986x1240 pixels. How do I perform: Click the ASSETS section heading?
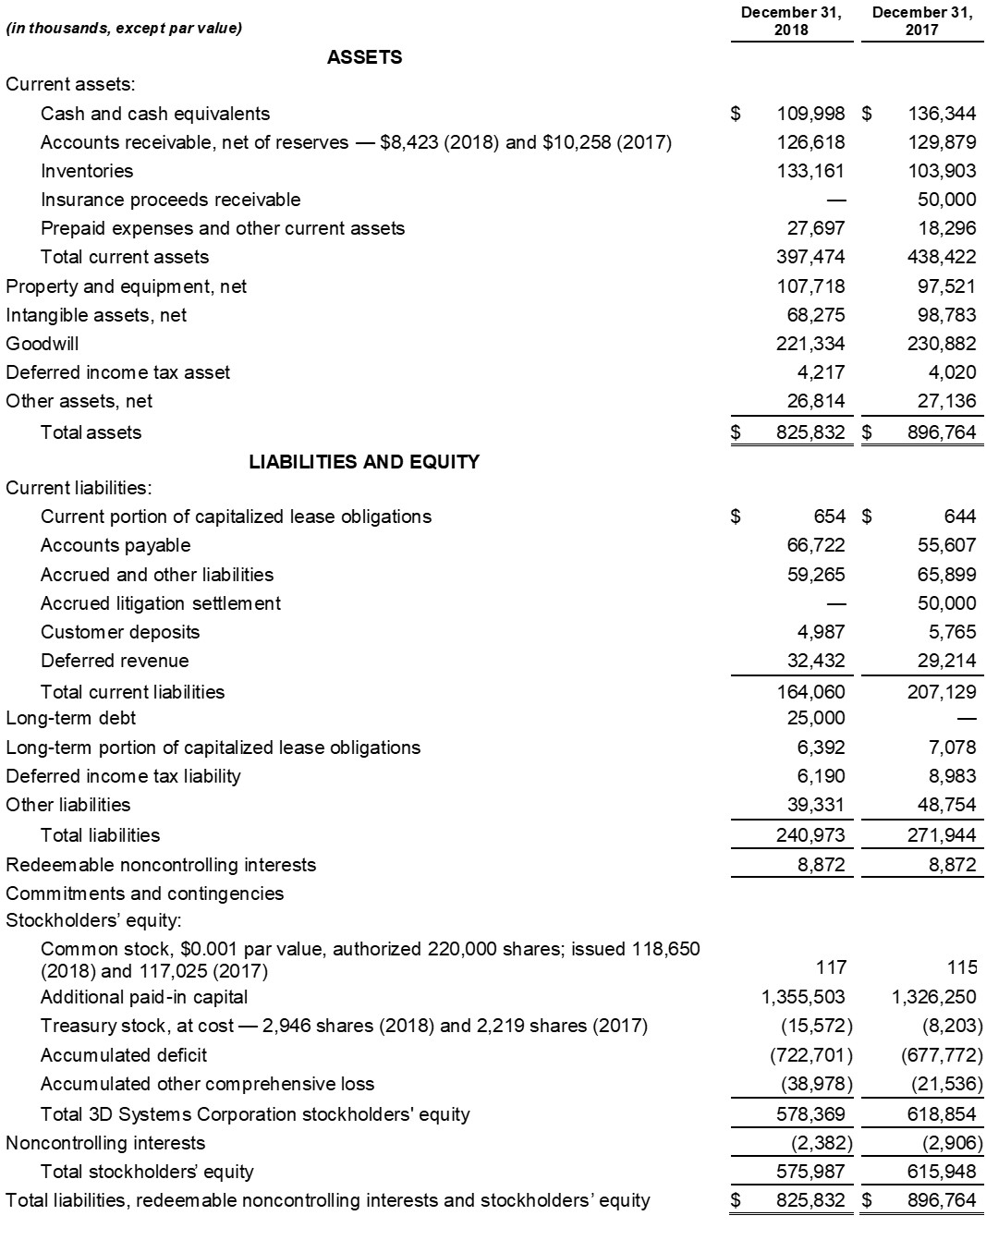coord(364,57)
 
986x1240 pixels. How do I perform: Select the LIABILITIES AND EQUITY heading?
coord(364,462)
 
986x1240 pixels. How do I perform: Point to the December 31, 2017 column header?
coord(921,21)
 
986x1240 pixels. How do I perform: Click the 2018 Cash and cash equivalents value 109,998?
coord(810,114)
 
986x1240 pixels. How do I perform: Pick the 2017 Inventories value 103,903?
coord(942,171)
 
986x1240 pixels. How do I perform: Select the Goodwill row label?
coord(43,344)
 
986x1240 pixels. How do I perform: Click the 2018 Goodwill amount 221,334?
coord(810,344)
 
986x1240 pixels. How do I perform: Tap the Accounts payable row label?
coord(116,545)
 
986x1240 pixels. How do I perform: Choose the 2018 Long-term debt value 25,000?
coord(816,718)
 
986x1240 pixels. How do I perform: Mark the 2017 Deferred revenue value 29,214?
coord(946,661)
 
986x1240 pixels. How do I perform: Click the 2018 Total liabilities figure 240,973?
coord(810,835)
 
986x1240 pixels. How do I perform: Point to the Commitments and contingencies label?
coord(145,894)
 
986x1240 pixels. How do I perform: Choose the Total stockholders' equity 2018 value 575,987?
coord(810,1172)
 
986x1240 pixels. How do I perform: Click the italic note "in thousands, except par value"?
coord(124,28)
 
